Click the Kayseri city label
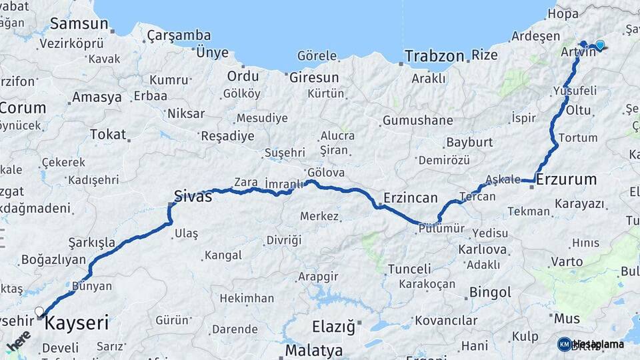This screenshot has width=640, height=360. pos(77,324)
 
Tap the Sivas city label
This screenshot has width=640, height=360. pos(193,196)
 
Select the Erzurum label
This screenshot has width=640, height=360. pos(566,179)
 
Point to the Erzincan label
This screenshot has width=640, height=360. pos(411,198)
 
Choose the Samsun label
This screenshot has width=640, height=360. pos(79,24)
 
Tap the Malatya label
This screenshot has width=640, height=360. pos(314,350)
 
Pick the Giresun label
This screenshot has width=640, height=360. pos(314,77)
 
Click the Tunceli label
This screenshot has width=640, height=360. pos(409,269)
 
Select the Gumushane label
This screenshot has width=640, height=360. pos(417,121)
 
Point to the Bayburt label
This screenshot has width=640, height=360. pos(469,142)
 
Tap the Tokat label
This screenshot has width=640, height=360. pos(108,134)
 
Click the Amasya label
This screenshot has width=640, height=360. pos(97,97)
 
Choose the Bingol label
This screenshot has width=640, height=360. pos(490,292)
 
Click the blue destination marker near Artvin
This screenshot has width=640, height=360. pos(599,45)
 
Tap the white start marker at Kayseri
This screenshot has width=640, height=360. pos(39,311)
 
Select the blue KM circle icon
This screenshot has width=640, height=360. pos(564,344)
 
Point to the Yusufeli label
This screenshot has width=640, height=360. pos(575,90)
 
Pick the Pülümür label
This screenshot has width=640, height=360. pos(441,228)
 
